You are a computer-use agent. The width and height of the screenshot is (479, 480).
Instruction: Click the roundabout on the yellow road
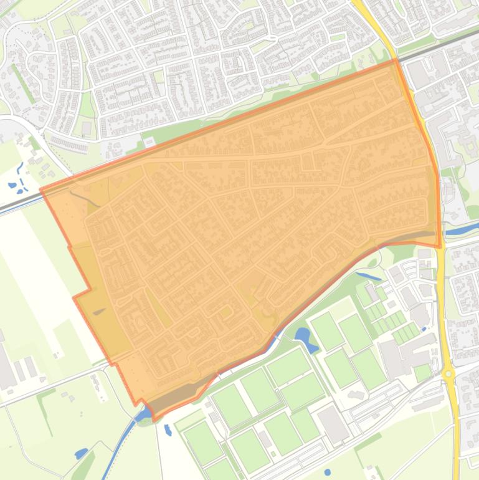pos(448,375)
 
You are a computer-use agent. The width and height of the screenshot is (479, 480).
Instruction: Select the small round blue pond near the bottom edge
pos(328,472)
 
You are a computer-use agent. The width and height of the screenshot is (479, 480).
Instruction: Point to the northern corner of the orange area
pos(395,60)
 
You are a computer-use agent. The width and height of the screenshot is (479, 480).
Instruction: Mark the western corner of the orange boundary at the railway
pos(42,189)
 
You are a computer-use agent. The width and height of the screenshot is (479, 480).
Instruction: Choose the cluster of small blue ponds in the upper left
pos(19,178)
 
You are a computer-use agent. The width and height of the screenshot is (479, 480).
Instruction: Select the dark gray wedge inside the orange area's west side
pos(99,311)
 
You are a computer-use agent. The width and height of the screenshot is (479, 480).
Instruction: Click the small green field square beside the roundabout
pos(424,372)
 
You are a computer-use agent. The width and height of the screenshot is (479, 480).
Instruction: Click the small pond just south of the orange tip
pos(168,430)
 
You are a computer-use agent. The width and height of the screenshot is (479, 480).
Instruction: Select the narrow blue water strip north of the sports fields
pos(368,275)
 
